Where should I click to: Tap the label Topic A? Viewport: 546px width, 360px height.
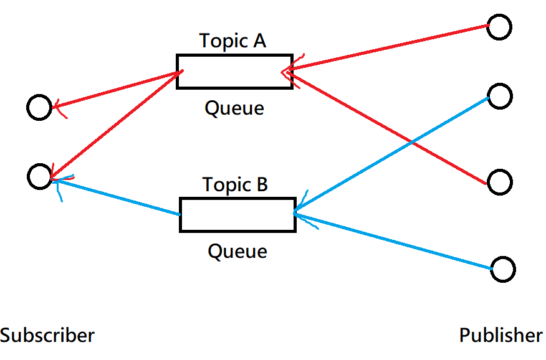(232, 41)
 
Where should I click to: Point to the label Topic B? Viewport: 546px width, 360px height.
(235, 184)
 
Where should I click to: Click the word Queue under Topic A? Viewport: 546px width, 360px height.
(234, 108)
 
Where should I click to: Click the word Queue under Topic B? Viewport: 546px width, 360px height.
(237, 251)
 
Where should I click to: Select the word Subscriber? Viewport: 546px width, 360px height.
(47, 335)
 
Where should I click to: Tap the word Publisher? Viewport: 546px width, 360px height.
(501, 335)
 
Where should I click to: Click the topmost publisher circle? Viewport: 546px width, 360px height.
(499, 15)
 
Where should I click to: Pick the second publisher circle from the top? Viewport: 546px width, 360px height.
(500, 84)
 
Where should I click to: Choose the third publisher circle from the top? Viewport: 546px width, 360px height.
(500, 170)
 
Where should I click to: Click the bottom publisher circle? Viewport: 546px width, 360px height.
(503, 257)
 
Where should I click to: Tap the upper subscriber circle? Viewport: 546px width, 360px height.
(39, 95)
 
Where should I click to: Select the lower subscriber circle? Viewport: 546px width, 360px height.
(40, 164)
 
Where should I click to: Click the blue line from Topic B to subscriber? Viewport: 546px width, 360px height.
(116, 197)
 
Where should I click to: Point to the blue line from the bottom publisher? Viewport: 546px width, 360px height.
(393, 241)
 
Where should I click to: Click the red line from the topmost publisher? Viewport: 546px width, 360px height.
(388, 48)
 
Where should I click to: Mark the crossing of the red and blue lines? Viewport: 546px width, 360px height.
(412, 142)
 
